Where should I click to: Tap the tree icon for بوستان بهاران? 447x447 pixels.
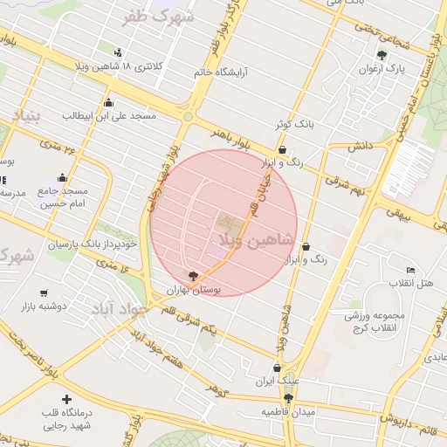coord(193,276)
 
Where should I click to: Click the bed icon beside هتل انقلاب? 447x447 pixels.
coord(411,270)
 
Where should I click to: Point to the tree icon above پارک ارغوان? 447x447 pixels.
coord(382,55)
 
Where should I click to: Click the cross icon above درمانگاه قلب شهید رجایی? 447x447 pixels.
coord(66,399)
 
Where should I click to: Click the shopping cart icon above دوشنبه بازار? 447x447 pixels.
coord(44,293)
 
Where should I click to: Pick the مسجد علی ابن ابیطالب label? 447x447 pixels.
coord(109,115)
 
